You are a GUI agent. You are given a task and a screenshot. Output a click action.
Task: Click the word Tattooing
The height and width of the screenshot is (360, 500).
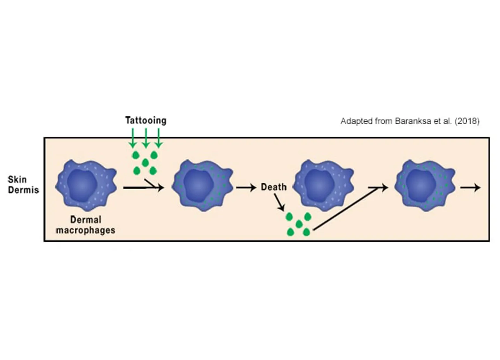point(145,121)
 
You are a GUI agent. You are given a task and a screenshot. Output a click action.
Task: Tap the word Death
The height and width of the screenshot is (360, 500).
point(274,187)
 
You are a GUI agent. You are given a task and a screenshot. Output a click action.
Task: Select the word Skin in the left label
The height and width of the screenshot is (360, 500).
point(17,179)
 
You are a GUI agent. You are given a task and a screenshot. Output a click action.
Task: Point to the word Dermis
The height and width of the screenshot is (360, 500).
point(23,190)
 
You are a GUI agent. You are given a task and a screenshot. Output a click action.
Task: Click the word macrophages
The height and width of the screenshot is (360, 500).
point(85,230)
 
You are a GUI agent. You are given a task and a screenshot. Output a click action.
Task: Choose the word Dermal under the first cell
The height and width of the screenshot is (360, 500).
point(86,220)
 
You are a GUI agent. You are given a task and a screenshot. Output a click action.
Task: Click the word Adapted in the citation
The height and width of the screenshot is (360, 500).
point(354,121)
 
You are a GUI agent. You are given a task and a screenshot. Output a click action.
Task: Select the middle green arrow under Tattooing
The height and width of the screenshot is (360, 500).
point(146,138)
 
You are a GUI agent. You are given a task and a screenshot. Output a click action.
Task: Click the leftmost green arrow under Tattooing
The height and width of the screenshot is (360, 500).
point(133,138)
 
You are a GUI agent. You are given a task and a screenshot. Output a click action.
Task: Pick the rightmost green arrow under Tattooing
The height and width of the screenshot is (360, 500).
point(159,138)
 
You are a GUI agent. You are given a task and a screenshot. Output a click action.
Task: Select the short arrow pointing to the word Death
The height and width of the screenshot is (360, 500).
point(246,188)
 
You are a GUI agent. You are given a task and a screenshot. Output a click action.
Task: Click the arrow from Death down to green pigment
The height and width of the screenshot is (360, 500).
point(279,202)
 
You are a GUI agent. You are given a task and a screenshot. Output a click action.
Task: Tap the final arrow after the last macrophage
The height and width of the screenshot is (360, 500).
point(470,188)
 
